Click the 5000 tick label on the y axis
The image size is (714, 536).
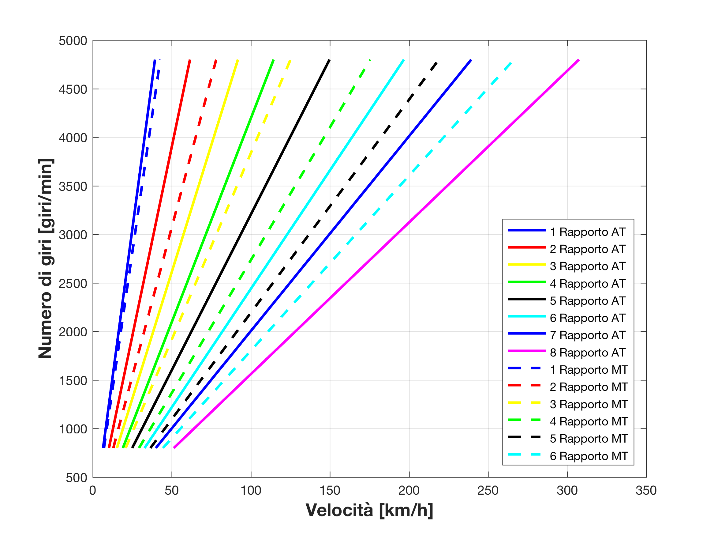coord(73,41)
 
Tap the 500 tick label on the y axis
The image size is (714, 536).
coord(77,478)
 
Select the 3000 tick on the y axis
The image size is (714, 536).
coord(73,235)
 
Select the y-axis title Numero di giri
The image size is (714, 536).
coord(45,259)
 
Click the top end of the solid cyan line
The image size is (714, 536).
coord(403,60)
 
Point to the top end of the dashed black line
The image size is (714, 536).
coord(437,62)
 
